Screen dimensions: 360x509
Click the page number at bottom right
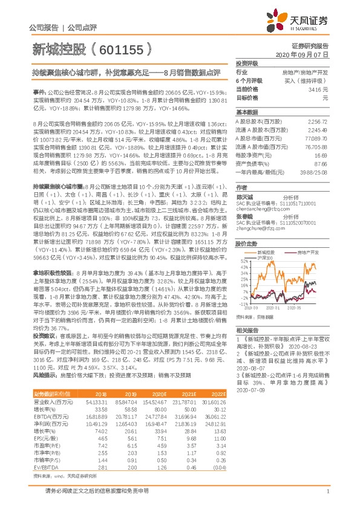pos(327,498)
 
